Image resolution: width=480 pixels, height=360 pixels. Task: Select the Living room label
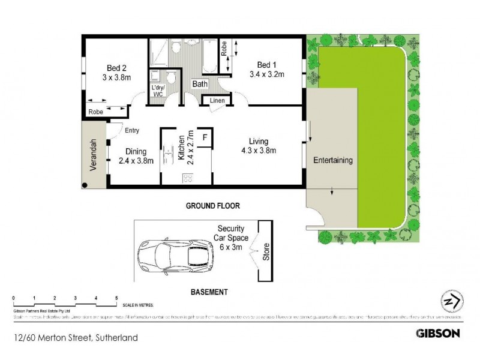259,142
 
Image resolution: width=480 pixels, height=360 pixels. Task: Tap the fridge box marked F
205,136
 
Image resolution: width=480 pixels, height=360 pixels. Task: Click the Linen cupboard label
217,101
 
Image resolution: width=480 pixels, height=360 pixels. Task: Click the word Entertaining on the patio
332,161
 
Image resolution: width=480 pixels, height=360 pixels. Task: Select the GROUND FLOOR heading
212,206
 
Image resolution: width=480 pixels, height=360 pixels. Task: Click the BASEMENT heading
209,292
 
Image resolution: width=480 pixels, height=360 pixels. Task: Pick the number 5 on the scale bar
116,298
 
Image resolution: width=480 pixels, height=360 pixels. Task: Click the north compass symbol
452,301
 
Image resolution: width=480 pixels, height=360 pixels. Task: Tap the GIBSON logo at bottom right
438,333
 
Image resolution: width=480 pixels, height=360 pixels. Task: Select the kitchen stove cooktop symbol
187,178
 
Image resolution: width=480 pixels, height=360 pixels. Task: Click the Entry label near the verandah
132,131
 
